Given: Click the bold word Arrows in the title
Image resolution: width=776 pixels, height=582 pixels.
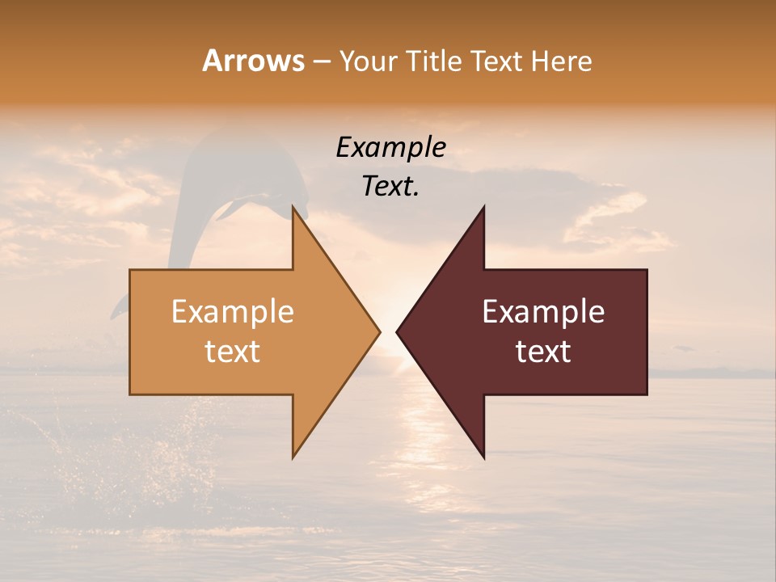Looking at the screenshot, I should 253,61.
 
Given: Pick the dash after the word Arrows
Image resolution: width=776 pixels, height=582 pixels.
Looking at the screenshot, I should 322,61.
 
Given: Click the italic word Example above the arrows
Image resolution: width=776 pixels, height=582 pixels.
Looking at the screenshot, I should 391,148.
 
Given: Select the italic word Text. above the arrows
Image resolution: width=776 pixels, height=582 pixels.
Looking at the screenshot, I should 391,187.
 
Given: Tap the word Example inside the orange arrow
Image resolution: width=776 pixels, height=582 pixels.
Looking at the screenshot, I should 233,312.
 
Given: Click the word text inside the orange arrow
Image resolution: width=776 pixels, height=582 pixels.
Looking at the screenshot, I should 233,352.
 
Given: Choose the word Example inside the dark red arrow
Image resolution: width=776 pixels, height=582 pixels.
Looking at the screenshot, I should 543,312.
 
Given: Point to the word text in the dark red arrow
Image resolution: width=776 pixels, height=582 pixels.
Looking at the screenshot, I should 543,352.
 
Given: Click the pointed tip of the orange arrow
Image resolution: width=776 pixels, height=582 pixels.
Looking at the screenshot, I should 379,331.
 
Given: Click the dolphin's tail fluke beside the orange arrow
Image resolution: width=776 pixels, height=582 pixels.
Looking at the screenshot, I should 119,307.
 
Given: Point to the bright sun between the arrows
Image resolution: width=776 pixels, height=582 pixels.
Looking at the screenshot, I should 388,323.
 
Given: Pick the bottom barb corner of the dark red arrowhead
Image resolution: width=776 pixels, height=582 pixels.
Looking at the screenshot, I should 483,458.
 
